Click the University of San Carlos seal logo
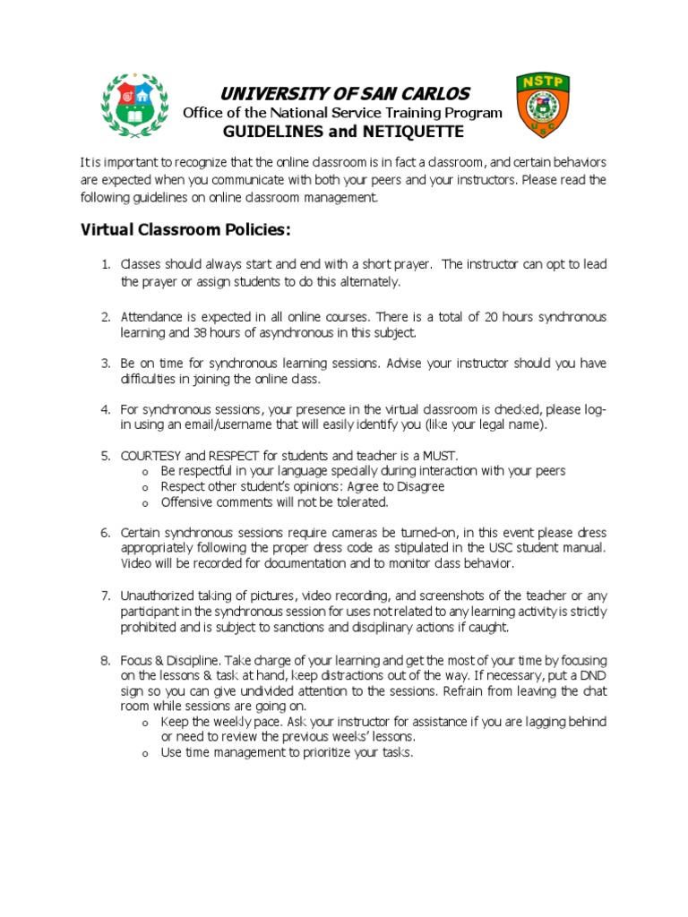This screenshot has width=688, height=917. click(135, 106)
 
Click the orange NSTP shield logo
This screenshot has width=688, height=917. click(541, 105)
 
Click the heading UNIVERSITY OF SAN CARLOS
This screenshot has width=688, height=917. click(344, 94)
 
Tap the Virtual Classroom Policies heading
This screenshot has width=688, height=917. click(185, 230)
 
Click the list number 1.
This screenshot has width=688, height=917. click(105, 264)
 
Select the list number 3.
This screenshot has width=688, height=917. click(105, 363)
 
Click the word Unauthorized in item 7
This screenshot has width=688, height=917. click(160, 596)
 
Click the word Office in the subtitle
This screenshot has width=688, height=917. click(202, 113)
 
